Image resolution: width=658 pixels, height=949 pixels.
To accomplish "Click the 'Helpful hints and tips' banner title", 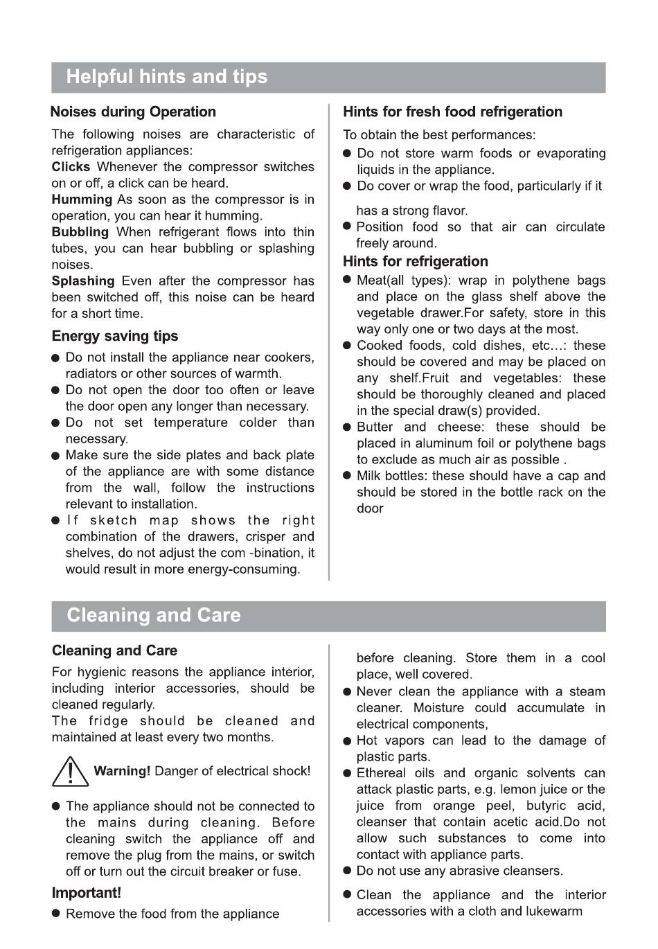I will click(x=167, y=77).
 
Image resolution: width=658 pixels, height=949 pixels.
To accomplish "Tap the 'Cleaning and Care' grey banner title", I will click(x=154, y=616).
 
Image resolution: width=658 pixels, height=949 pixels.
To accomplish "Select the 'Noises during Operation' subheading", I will click(x=133, y=112).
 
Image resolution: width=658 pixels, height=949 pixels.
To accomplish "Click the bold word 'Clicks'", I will click(x=71, y=167).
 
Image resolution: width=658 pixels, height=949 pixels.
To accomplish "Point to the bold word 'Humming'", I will click(x=82, y=199).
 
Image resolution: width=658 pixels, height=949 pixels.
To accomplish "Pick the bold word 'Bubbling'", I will click(x=80, y=232).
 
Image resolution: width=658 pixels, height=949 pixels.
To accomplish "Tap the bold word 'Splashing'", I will click(x=83, y=281).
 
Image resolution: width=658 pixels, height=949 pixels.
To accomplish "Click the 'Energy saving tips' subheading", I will click(x=115, y=337).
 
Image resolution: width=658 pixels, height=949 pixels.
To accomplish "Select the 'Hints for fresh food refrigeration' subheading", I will click(x=452, y=112).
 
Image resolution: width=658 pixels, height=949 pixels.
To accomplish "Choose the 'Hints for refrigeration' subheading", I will click(x=416, y=262).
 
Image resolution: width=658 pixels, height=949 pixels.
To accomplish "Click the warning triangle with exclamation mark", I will click(x=71, y=772).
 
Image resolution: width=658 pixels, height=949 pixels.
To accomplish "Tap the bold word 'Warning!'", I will click(x=122, y=772).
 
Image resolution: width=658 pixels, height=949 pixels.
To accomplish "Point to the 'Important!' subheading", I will click(x=87, y=894).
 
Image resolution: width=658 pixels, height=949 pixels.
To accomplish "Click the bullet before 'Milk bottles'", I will click(x=348, y=477).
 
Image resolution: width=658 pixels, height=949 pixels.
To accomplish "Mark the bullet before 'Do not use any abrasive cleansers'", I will click(x=348, y=871).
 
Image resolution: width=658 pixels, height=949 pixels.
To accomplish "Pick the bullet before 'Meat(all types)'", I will click(x=348, y=281).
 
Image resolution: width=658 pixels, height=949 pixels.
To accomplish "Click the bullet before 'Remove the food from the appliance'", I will click(x=57, y=914).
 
